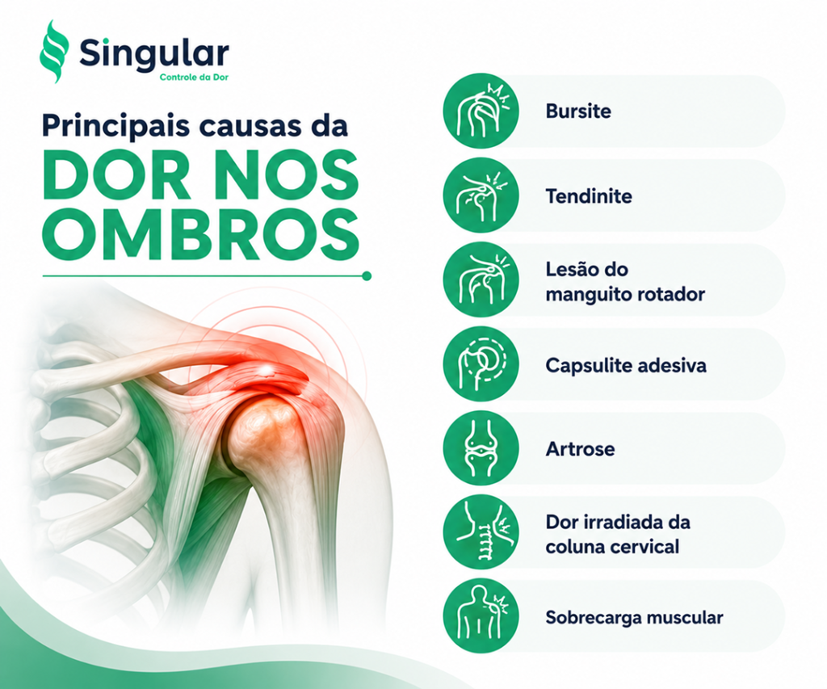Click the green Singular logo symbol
(54, 52)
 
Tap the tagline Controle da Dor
(194, 78)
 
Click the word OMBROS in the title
(201, 233)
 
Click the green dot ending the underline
(367, 276)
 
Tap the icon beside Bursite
(481, 111)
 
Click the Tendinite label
(589, 196)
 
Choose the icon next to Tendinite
(481, 195)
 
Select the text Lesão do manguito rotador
(625, 282)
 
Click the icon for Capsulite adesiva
(481, 364)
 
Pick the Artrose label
(580, 449)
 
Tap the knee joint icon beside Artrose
(481, 448)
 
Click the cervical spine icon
(481, 532)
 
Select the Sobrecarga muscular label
(634, 617)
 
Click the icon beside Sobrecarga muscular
(481, 616)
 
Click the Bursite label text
(578, 111)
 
